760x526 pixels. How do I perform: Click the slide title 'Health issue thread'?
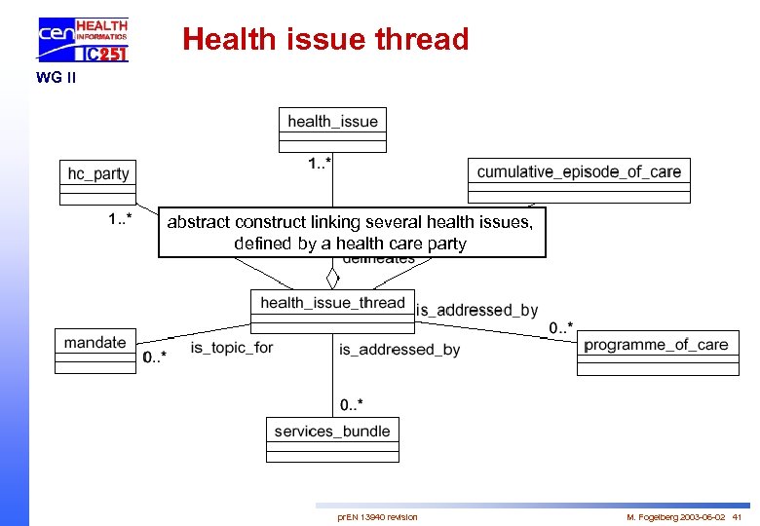click(x=325, y=39)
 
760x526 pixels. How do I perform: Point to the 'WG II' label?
click(x=56, y=78)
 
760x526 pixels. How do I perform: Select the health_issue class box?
click(x=332, y=129)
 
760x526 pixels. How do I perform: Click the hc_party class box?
click(x=98, y=181)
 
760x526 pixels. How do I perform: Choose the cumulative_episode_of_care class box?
click(x=579, y=179)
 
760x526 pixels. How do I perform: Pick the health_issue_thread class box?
click(x=332, y=310)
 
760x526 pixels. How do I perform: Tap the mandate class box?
click(x=95, y=350)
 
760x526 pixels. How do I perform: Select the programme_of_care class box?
click(x=656, y=352)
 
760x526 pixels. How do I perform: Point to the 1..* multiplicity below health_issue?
click(x=319, y=164)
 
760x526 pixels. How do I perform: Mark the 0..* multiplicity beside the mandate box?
click(x=154, y=357)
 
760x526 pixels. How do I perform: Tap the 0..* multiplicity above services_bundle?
click(x=352, y=403)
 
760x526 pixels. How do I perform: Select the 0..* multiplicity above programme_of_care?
click(x=560, y=327)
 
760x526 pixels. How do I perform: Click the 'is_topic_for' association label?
click(x=232, y=348)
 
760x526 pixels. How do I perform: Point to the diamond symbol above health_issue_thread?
click(x=332, y=278)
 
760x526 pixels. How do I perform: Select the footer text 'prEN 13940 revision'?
click(x=377, y=516)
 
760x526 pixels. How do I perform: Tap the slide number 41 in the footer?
click(x=737, y=516)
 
